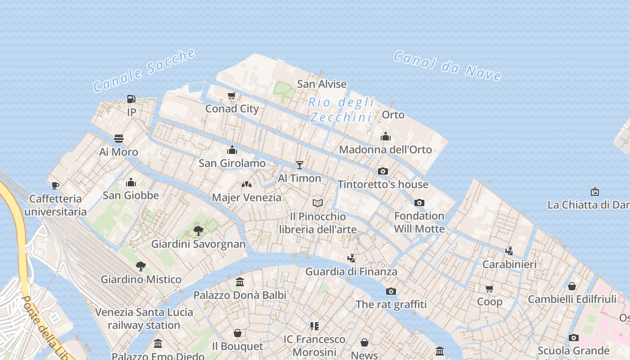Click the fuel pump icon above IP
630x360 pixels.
pyautogui.click(x=131, y=99)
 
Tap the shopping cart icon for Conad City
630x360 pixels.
pyautogui.click(x=232, y=95)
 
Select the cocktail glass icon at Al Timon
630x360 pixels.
pyautogui.click(x=300, y=165)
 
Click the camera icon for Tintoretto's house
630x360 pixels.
pyautogui.click(x=383, y=171)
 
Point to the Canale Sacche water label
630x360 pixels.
pyautogui.click(x=144, y=70)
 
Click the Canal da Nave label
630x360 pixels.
pyautogui.click(x=447, y=66)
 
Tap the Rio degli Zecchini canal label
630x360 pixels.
pyautogui.click(x=341, y=109)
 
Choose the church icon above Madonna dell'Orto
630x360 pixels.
pyautogui.click(x=386, y=136)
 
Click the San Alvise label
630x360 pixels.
pyautogui.click(x=322, y=84)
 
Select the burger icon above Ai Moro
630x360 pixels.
pyautogui.click(x=119, y=139)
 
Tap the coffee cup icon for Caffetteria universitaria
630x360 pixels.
pyautogui.click(x=55, y=185)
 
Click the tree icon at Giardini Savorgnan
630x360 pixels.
pyautogui.click(x=198, y=231)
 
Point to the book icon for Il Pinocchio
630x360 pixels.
pyautogui.click(x=318, y=203)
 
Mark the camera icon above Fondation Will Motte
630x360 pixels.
pyautogui.click(x=419, y=202)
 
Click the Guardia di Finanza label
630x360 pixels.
pyautogui.click(x=351, y=271)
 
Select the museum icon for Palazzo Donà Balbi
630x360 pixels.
pyautogui.click(x=240, y=282)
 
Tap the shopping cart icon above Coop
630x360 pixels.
pyautogui.click(x=490, y=288)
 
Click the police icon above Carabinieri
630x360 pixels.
pyautogui.click(x=509, y=251)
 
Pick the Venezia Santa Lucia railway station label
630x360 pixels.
pyautogui.click(x=144, y=318)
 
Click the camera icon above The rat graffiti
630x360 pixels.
pyautogui.click(x=391, y=291)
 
